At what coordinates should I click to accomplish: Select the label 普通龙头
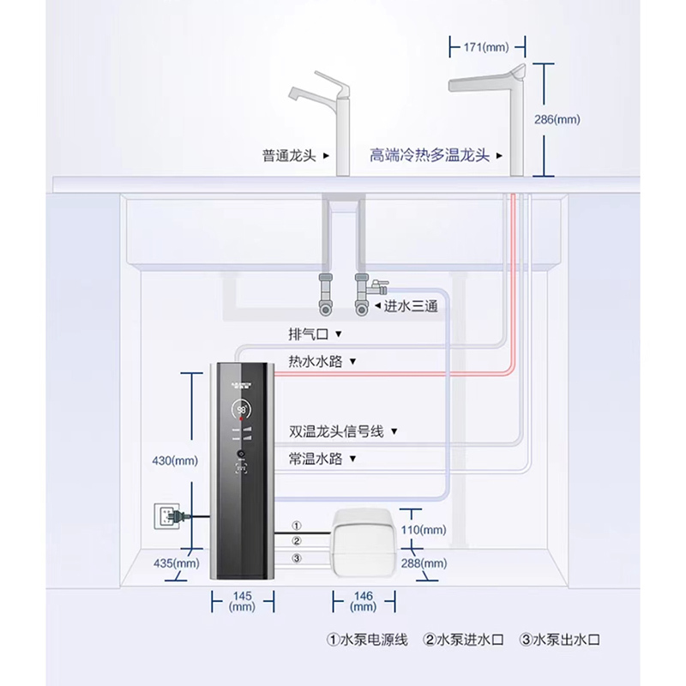(x=289, y=156)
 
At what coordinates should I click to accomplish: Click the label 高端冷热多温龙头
(x=429, y=156)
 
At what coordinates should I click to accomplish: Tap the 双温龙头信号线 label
(x=338, y=430)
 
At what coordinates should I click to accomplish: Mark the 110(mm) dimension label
(x=423, y=530)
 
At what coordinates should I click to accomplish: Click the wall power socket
(x=163, y=516)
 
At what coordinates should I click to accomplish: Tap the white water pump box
(x=362, y=542)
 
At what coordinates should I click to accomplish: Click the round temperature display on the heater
(x=243, y=411)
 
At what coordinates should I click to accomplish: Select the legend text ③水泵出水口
(x=561, y=639)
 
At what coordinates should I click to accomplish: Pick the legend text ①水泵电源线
(x=367, y=639)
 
